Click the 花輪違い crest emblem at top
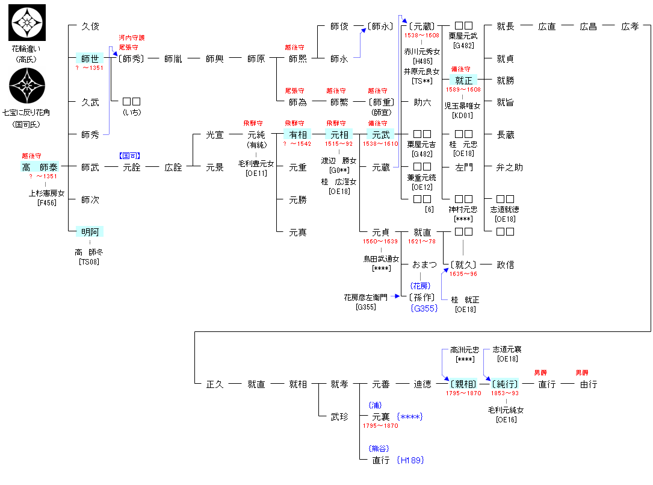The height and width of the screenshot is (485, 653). [x=27, y=22]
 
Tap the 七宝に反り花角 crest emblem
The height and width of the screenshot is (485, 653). [x=27, y=86]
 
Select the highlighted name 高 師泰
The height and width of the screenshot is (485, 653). [x=40, y=167]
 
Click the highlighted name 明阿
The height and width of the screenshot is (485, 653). [x=90, y=232]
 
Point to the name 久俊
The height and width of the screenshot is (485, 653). [x=90, y=27]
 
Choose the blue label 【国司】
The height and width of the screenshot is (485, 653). [x=130, y=155]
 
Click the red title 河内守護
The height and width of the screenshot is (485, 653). [x=132, y=37]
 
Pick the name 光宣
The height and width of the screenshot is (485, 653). [x=214, y=135]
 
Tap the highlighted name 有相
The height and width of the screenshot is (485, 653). [x=298, y=135]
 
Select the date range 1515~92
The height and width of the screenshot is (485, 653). [x=339, y=144]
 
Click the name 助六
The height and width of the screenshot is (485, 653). [x=422, y=102]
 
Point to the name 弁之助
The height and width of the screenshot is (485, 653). [x=509, y=167]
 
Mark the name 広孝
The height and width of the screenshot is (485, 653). [x=630, y=27]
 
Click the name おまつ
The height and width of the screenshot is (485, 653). [x=424, y=265]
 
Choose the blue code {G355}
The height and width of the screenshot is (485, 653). [x=424, y=308]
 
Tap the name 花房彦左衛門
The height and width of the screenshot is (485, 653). [x=366, y=298]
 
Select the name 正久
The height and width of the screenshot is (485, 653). [x=214, y=384]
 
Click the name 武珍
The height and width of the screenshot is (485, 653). [x=339, y=416]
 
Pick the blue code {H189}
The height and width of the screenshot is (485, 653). [x=410, y=460]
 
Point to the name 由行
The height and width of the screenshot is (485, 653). [x=588, y=384]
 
